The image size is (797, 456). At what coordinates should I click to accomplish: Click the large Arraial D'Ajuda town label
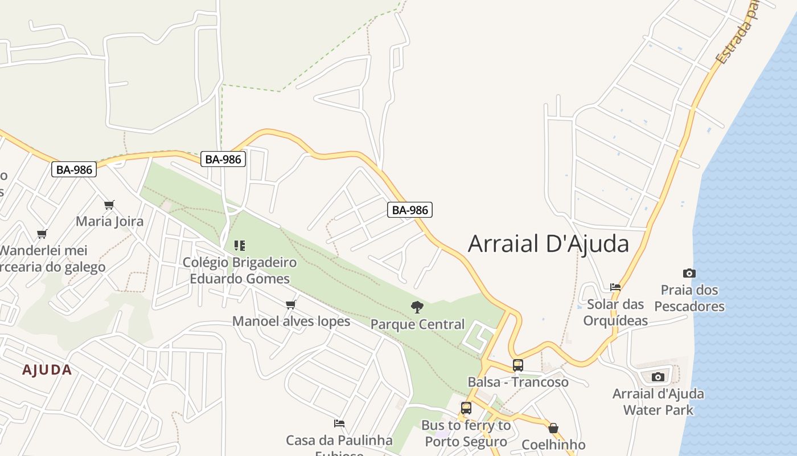click(548, 244)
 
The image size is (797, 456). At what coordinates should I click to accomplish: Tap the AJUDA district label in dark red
click(47, 370)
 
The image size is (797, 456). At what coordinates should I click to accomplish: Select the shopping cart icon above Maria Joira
click(109, 205)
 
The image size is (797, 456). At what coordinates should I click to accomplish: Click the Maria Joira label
click(110, 221)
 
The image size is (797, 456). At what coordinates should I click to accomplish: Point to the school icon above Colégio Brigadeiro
click(240, 246)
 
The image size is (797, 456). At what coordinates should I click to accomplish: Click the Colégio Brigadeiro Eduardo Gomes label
click(240, 271)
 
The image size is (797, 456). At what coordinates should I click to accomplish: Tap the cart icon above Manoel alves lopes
click(291, 304)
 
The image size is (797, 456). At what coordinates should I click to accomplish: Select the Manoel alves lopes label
click(291, 321)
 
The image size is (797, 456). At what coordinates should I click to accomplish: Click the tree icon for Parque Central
click(417, 307)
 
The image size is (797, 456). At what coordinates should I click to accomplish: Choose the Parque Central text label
click(417, 324)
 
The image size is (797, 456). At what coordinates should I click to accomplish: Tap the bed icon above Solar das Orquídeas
click(615, 287)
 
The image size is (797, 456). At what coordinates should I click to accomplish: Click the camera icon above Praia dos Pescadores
click(689, 273)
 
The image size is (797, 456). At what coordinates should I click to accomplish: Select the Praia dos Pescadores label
click(689, 298)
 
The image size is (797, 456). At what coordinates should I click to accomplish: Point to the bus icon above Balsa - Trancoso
click(517, 365)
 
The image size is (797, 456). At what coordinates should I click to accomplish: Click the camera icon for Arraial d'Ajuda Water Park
click(658, 377)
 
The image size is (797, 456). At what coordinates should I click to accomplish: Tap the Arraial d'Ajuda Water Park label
click(658, 402)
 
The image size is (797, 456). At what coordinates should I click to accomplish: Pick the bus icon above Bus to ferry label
click(466, 408)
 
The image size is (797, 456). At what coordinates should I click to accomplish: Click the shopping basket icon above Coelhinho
click(553, 428)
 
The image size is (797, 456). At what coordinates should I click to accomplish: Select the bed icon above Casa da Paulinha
click(339, 424)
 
